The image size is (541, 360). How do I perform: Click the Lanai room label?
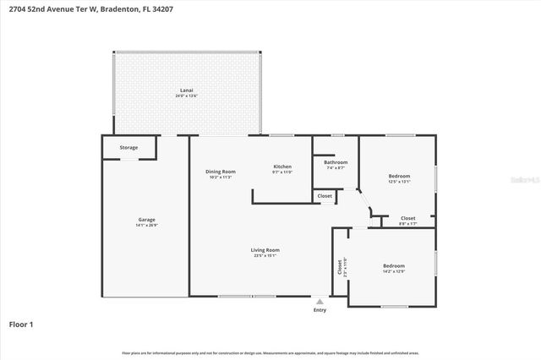[186, 90]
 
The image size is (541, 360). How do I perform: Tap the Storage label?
[128, 148]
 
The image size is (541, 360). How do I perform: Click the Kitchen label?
[281, 166]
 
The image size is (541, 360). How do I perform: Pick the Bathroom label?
[336, 162]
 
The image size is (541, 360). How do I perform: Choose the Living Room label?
[265, 250]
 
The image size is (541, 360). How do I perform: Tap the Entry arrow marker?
[320, 301]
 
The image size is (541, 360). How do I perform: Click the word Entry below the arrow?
[320, 310]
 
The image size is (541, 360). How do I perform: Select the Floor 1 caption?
[21, 324]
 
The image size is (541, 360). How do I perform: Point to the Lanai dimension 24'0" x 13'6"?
[186, 95]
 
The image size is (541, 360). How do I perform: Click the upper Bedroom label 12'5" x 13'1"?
[399, 176]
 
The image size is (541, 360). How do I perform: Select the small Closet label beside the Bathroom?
[325, 196]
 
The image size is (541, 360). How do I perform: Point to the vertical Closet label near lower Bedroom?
[341, 267]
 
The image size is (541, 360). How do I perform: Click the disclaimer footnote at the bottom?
[270, 352]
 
